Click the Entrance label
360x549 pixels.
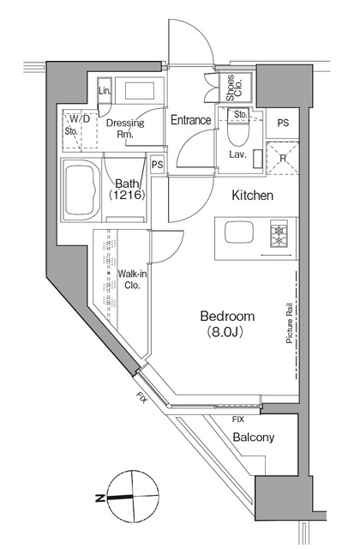190,120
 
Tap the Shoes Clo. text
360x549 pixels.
232,87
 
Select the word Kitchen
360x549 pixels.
252,196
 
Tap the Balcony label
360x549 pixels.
253,437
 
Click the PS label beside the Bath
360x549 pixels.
157,165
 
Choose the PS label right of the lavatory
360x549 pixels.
282,123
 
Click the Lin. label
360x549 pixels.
105,91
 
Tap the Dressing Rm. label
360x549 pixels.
125,128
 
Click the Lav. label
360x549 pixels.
237,155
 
